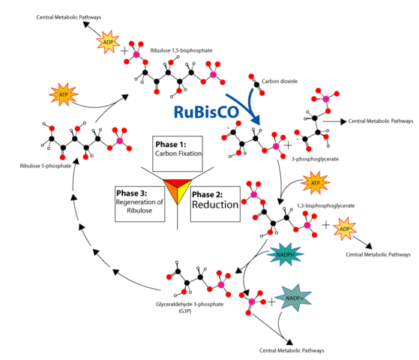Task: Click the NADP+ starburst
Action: pyautogui.click(x=296, y=299)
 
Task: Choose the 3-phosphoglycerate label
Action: pyautogui.click(x=307, y=160)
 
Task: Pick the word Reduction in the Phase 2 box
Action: pyautogui.click(x=216, y=205)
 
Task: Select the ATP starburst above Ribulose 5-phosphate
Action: pyautogui.click(x=64, y=95)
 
